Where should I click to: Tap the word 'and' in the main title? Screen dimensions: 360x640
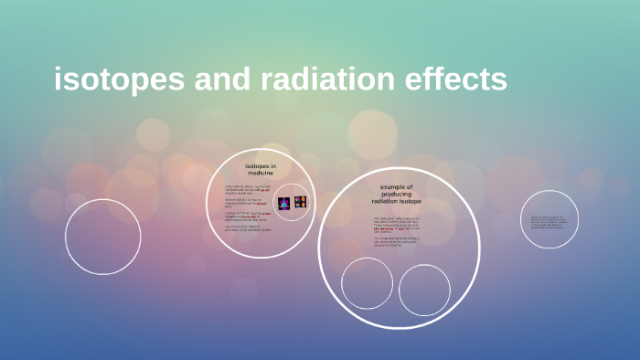click(x=220, y=80)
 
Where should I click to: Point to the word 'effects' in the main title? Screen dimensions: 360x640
click(x=457, y=80)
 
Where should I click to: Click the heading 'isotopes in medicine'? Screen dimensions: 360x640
click(x=261, y=171)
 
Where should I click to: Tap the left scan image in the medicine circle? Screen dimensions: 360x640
click(x=284, y=203)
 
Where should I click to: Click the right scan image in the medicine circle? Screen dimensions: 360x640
click(x=300, y=202)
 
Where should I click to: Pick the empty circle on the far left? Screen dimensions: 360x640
click(x=102, y=237)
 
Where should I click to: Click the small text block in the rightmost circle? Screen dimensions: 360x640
click(x=549, y=222)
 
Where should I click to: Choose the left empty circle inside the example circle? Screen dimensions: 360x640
click(x=367, y=283)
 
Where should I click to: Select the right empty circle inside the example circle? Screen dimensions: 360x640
click(x=424, y=290)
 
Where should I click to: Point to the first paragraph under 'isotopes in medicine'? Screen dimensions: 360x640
click(x=247, y=189)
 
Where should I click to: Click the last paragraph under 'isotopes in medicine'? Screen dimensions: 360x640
click(x=249, y=228)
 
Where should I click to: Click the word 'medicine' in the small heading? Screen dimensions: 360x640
click(x=261, y=175)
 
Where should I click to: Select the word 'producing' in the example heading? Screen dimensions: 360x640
click(x=397, y=194)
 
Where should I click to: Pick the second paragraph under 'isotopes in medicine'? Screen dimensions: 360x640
click(x=247, y=202)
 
